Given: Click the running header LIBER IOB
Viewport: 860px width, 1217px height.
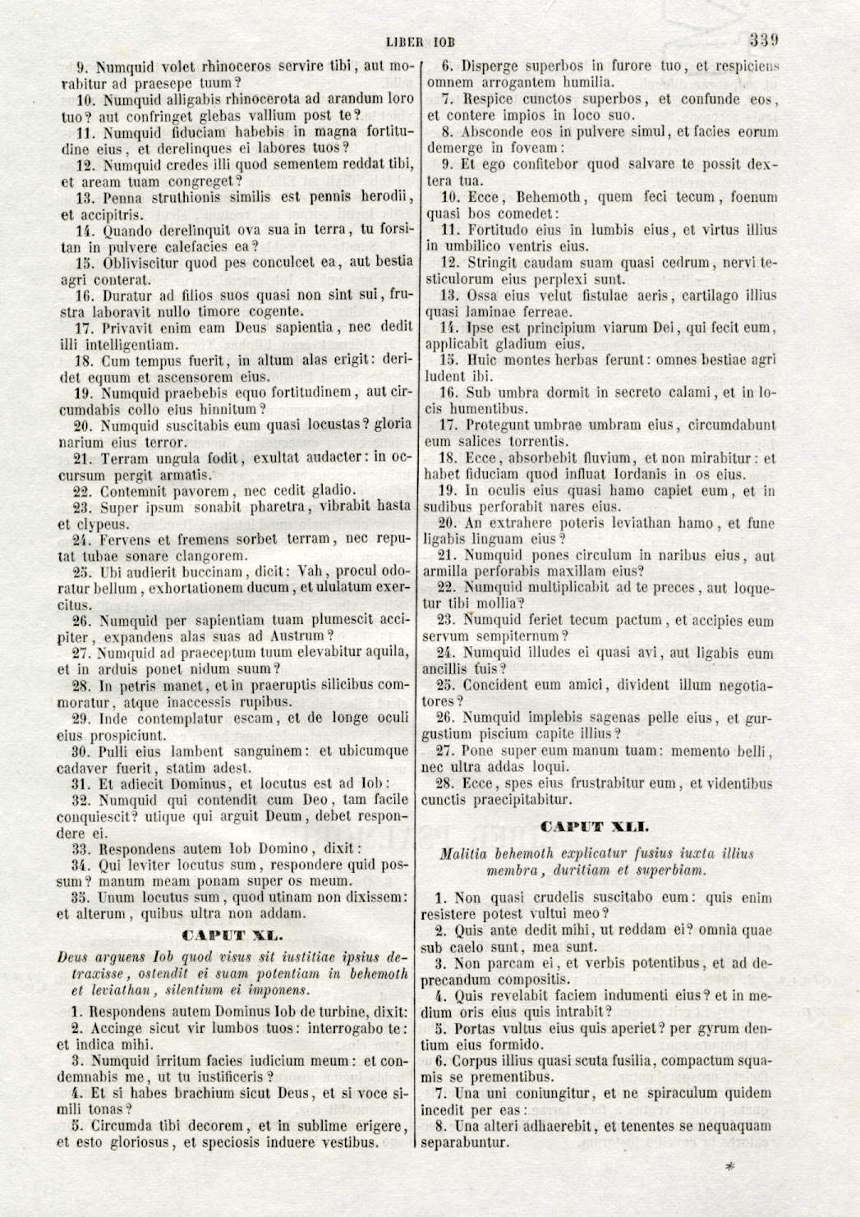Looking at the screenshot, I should pos(420,42).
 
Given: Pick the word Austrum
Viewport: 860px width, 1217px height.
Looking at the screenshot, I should pos(297,636).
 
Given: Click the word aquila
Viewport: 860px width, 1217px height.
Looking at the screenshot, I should pos(385,653).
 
